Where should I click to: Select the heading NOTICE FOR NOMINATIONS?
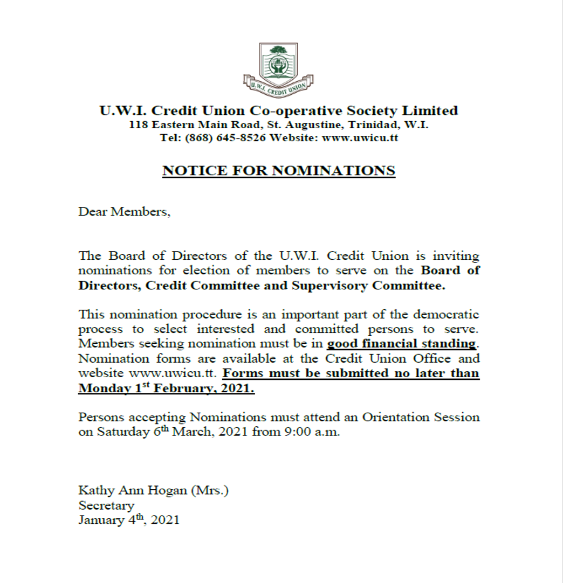click(279, 171)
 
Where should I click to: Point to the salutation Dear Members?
click(124, 212)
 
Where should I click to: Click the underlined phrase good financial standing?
click(402, 344)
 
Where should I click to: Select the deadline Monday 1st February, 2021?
click(166, 388)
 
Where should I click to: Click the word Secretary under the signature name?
click(106, 505)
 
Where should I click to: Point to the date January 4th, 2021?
click(128, 520)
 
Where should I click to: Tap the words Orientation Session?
click(421, 418)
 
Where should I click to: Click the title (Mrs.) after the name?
click(211, 490)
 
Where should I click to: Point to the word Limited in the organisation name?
click(431, 111)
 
